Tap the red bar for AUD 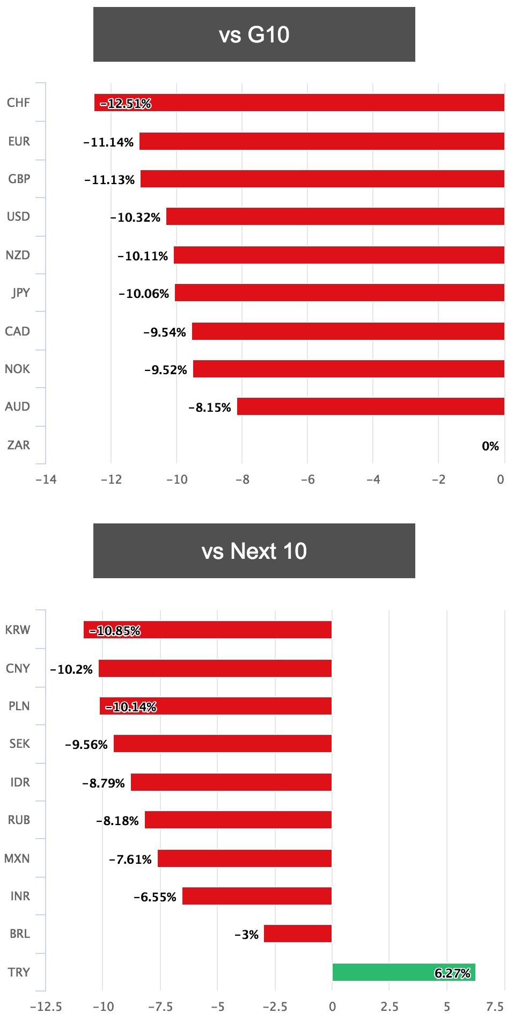(370, 406)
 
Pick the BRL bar (298, 934)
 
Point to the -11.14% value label (108, 142)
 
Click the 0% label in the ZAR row (490, 446)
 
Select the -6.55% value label (155, 897)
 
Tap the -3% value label (247, 935)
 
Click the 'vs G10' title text (254, 35)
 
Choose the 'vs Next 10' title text (254, 551)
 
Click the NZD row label (18, 255)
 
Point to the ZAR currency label (19, 445)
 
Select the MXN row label (17, 858)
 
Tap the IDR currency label (20, 782)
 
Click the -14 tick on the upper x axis (46, 479)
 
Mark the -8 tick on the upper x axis (243, 479)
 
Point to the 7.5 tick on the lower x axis (495, 1006)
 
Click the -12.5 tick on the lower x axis (46, 1006)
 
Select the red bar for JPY (339, 293)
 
